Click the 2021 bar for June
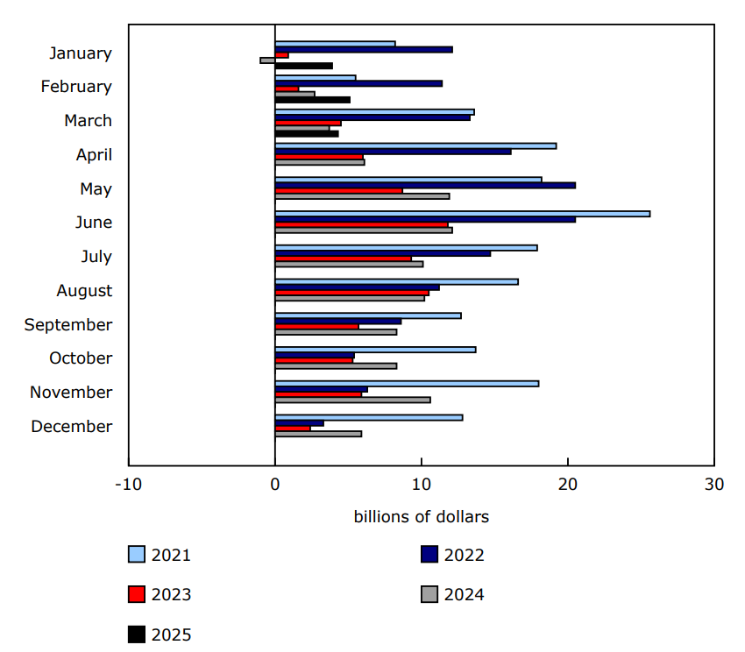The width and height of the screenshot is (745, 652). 462,214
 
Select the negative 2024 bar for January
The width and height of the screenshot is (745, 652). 267,60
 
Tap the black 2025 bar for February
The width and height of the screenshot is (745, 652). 312,100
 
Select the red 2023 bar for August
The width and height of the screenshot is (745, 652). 351,293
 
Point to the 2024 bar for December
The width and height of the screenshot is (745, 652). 318,434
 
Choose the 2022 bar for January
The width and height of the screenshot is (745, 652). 364,49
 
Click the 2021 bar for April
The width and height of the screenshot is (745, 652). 415,145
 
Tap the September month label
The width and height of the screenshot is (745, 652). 68,325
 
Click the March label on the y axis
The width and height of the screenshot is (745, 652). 88,121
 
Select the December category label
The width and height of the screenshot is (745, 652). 72,427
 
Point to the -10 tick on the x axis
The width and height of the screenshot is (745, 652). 128,485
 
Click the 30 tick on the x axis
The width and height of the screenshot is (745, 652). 713,485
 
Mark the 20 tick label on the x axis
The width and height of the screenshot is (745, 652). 568,485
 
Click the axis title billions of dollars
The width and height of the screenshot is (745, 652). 421,517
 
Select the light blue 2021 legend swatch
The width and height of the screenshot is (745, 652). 137,555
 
